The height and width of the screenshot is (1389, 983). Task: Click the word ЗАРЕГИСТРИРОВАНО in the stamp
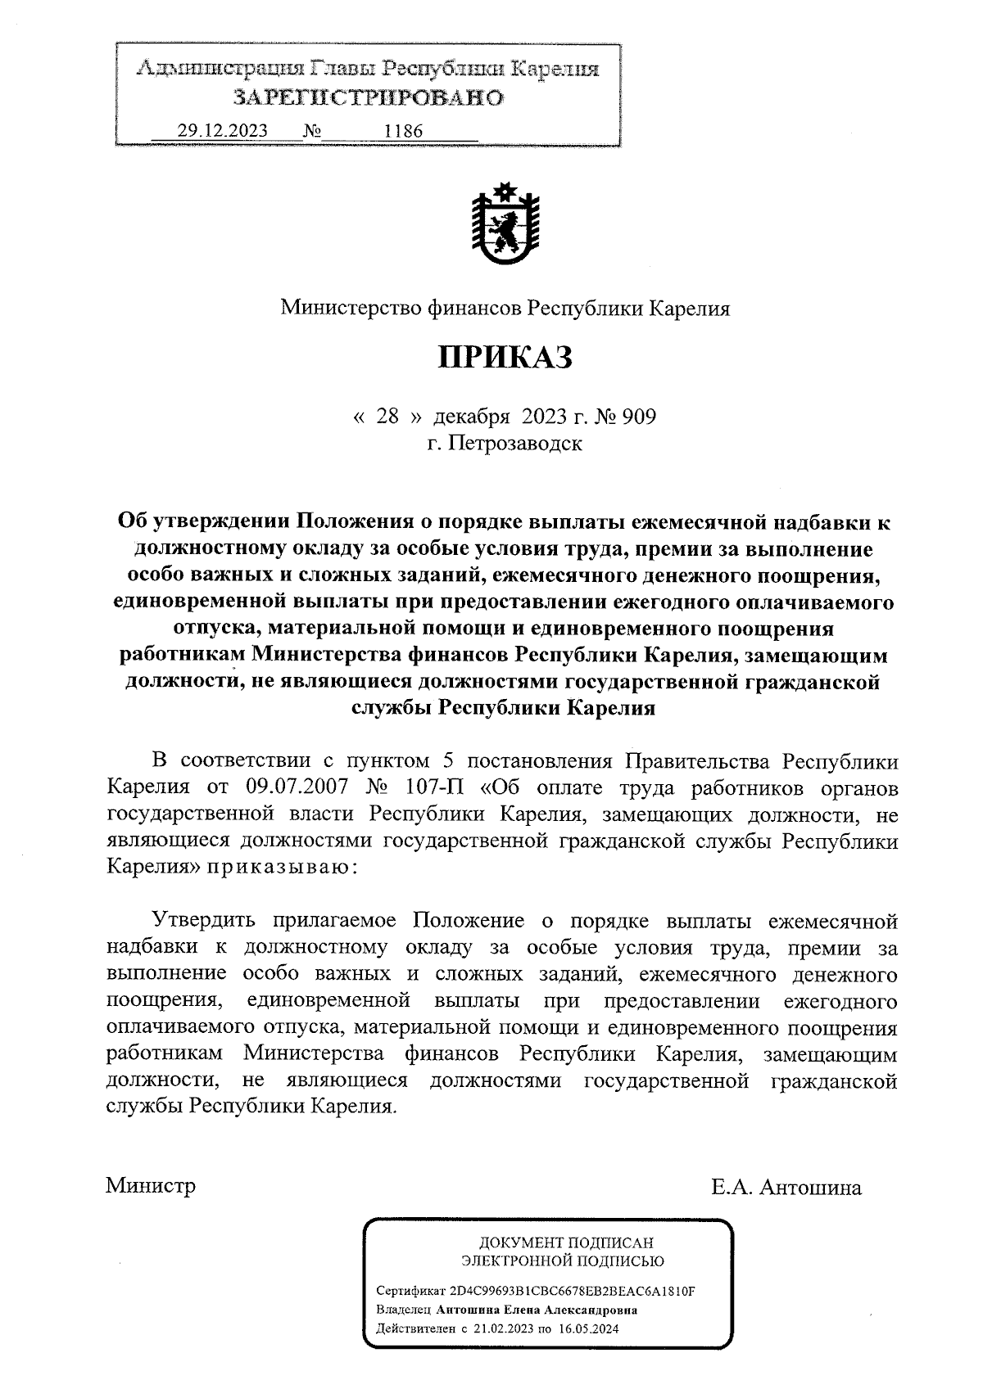tap(368, 98)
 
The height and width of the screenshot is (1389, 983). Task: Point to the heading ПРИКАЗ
tap(505, 359)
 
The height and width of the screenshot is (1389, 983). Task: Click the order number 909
tap(639, 417)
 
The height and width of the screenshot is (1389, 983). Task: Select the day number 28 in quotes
tap(387, 417)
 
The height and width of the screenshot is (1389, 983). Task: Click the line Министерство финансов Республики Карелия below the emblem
tap(505, 309)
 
